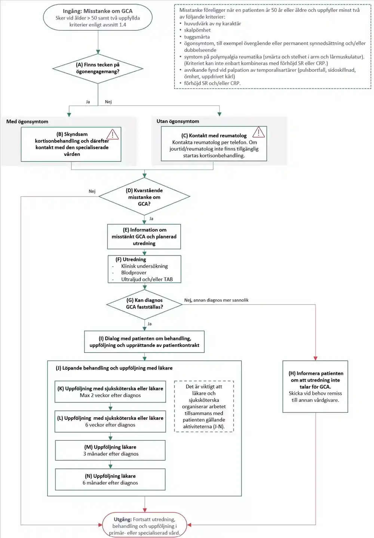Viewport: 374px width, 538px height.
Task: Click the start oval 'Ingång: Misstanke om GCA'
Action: (98, 18)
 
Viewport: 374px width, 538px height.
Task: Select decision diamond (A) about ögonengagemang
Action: (98, 68)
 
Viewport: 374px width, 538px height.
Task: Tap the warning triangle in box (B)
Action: (113, 135)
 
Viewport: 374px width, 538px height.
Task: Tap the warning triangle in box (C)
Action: (258, 132)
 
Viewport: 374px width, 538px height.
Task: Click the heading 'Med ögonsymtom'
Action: (27, 122)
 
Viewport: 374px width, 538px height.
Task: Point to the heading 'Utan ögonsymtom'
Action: (178, 121)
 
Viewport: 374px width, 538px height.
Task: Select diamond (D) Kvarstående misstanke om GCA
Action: (144, 197)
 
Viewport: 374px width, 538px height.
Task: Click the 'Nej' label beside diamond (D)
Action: (92, 191)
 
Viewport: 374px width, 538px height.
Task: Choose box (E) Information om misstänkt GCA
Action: (144, 237)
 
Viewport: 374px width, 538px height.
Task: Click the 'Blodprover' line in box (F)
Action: (134, 273)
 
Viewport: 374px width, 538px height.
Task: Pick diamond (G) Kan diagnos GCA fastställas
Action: (144, 304)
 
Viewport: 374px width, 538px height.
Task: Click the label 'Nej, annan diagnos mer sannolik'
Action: (216, 300)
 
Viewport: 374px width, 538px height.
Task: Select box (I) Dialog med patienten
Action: (144, 342)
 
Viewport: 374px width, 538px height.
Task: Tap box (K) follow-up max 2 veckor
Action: (110, 392)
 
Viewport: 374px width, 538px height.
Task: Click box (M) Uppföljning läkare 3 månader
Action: (110, 451)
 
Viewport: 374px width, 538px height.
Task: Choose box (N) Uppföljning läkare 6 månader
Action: (110, 479)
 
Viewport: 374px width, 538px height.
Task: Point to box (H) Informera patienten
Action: (315, 387)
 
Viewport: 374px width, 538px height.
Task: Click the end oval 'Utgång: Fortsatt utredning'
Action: (145, 526)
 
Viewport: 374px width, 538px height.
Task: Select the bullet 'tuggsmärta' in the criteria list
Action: (197, 37)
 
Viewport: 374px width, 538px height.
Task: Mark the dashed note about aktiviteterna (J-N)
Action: (204, 406)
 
